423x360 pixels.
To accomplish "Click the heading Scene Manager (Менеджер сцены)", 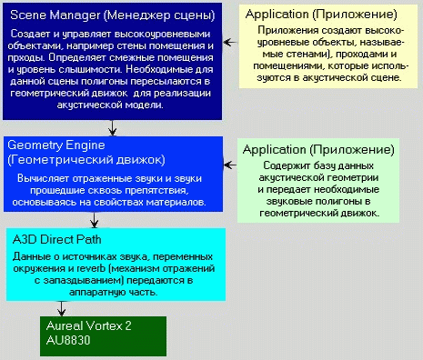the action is tap(113, 15).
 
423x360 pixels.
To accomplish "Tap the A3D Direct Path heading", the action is tap(56, 239).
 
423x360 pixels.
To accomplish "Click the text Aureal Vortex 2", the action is tap(89, 325).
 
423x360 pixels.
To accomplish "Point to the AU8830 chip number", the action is tap(68, 340).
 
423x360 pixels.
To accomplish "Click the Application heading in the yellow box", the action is tap(321, 15).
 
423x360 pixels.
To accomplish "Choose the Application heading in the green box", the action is tap(318, 150).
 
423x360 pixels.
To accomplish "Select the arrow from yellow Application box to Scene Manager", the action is tap(231, 42).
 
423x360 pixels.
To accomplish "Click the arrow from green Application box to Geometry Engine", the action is tap(230, 165).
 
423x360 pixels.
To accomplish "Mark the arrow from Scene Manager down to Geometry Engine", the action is tap(113, 128).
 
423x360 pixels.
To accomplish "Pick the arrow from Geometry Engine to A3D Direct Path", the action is tap(95, 220).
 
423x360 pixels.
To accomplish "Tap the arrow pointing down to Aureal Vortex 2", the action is tap(62, 308).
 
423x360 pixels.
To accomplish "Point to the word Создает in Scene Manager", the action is tap(31, 34).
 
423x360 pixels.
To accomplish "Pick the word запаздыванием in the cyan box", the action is tap(84, 281).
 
